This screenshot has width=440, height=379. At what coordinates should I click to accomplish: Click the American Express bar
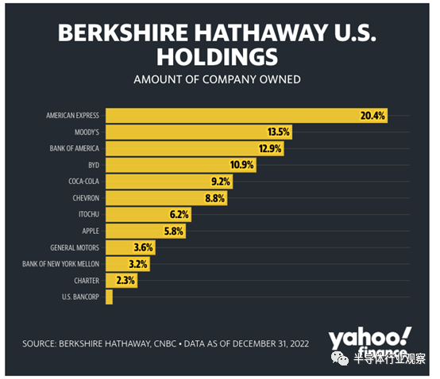coord(247,116)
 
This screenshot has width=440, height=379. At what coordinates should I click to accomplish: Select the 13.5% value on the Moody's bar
coord(278,132)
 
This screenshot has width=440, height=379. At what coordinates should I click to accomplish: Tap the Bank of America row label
coord(75,148)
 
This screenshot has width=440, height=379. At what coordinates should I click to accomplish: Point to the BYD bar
coord(181,165)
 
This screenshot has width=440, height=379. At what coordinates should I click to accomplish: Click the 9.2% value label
coord(221,182)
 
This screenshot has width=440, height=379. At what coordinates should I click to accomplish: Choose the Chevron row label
coord(86,198)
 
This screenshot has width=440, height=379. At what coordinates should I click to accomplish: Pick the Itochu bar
coord(149,215)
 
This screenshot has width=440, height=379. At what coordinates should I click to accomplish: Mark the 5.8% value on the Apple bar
coord(174,232)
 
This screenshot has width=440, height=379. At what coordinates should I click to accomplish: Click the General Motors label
coord(75,247)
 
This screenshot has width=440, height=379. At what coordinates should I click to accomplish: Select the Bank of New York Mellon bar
coord(128,264)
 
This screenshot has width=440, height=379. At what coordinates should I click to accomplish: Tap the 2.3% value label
coord(125,281)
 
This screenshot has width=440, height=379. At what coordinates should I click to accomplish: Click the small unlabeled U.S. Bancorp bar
coord(109,297)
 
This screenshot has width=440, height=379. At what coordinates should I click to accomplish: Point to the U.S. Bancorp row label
coord(80,297)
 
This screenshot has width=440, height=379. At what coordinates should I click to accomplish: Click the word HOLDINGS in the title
coord(217,57)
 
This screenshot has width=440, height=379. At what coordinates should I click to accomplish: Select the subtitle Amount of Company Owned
coord(217,79)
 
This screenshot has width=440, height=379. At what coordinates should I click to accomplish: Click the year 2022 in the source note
coord(299,343)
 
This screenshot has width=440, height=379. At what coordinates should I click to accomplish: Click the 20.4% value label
coord(372,116)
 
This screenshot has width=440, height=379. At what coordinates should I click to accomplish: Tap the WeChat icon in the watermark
coord(340,358)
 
